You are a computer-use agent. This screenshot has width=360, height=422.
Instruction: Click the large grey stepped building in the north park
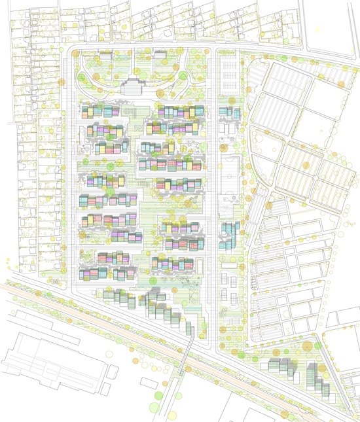(x=133, y=86)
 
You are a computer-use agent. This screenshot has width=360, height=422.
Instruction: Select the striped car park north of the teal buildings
(x=227, y=75)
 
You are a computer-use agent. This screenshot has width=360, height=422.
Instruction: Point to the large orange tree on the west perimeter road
(x=63, y=83)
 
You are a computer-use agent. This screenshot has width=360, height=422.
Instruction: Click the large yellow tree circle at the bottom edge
(x=173, y=415)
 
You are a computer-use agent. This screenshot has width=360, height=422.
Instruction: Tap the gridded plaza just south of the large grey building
(x=134, y=112)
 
